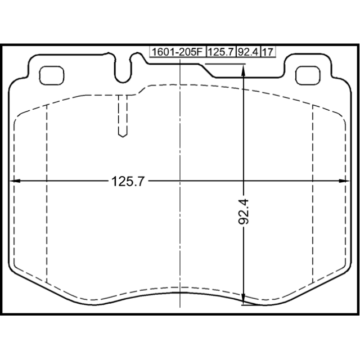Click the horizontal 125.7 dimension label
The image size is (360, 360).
coord(128,181)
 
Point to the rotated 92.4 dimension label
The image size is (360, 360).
coord(244,211)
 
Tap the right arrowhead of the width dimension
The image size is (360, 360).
coord(345,181)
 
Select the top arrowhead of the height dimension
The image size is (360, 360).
coord(244,69)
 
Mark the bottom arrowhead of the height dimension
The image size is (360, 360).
coord(244,300)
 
